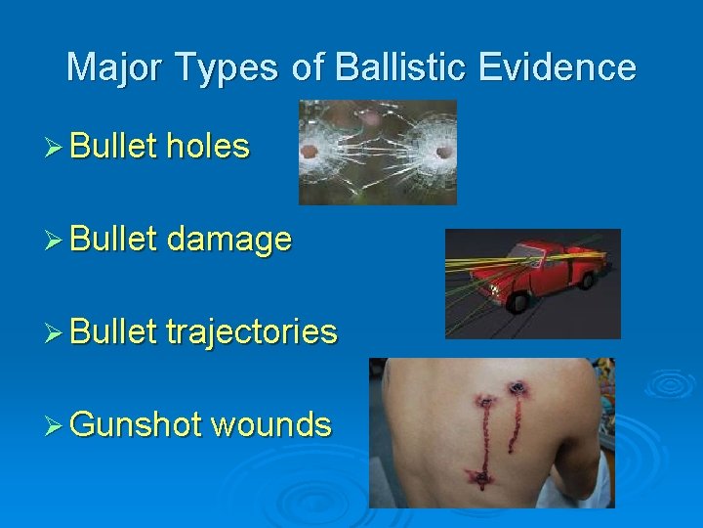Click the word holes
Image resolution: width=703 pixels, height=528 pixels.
click(x=208, y=147)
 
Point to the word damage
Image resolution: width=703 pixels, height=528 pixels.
click(x=228, y=241)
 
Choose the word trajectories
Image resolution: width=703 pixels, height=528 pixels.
click(x=252, y=332)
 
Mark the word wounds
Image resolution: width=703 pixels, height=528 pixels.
click(x=270, y=425)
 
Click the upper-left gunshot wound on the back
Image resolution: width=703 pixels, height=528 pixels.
click(x=484, y=400)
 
